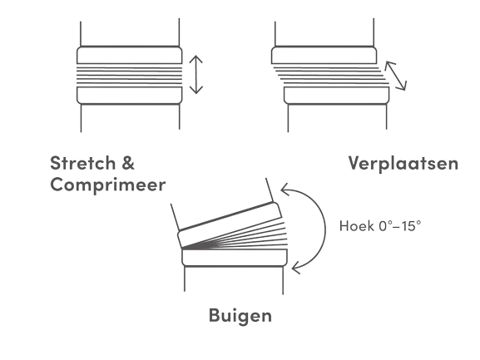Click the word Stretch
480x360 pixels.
click(x=82, y=163)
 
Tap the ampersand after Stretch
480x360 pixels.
click(x=128, y=163)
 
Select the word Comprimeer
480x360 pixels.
click(x=108, y=185)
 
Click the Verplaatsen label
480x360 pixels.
click(x=403, y=163)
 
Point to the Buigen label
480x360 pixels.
click(x=240, y=316)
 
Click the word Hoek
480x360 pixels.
click(x=357, y=226)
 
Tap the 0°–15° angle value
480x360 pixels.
click(x=400, y=226)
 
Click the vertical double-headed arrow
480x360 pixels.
click(x=196, y=75)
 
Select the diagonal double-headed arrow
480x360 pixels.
click(x=396, y=76)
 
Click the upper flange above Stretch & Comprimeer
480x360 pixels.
click(x=130, y=55)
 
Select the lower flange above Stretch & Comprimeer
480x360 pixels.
click(x=130, y=96)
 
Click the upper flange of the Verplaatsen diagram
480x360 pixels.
click(x=324, y=55)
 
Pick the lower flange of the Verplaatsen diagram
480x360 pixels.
click(x=336, y=96)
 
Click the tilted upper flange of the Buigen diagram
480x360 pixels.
click(x=230, y=224)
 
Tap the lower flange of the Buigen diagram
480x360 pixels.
click(x=235, y=258)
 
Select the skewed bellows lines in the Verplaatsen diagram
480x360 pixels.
click(x=330, y=75)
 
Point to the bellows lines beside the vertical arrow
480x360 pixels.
click(x=130, y=75)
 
